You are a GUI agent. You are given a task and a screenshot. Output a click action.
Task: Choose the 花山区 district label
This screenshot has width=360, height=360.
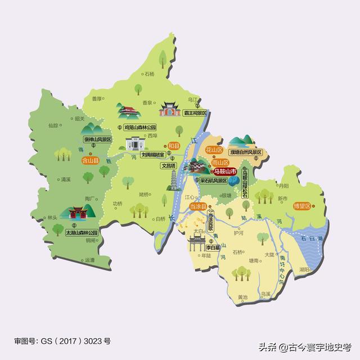[215, 151]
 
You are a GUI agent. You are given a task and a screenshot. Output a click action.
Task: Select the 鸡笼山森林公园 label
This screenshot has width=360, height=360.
[140, 128]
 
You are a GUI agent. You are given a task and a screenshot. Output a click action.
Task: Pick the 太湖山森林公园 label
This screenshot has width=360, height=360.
[82, 232]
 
